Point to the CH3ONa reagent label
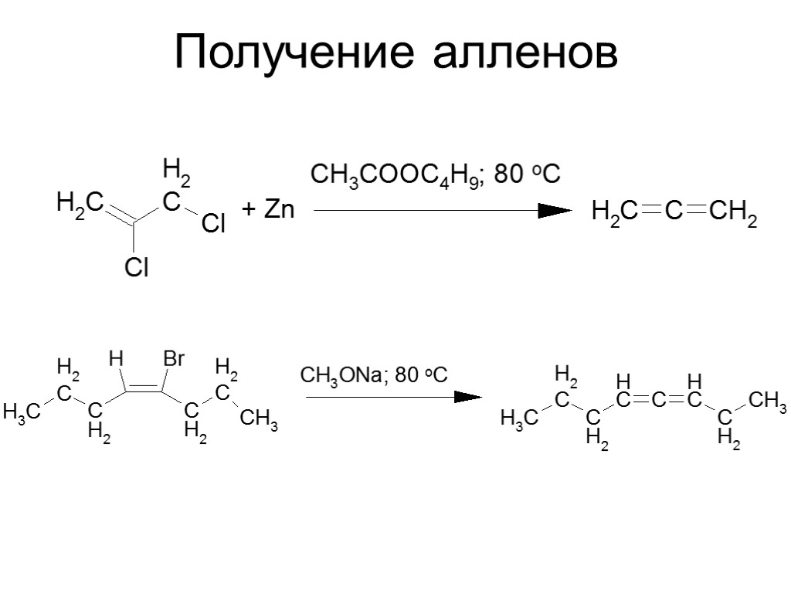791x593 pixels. click(x=341, y=376)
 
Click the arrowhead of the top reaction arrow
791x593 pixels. click(x=554, y=210)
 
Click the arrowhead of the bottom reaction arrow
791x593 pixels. click(x=467, y=397)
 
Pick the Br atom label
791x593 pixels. click(x=175, y=359)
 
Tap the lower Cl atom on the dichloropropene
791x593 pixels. click(x=137, y=267)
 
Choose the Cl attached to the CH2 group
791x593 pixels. click(x=213, y=225)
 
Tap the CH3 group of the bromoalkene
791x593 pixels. click(x=259, y=421)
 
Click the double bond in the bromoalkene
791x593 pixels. click(x=144, y=388)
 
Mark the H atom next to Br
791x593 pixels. click(x=116, y=358)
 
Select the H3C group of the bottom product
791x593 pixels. click(x=518, y=419)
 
